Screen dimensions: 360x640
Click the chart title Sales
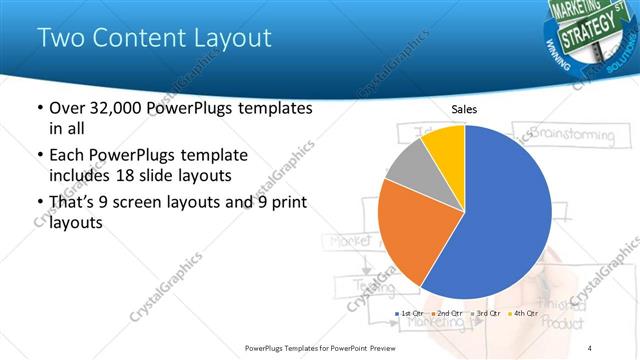coord(465,108)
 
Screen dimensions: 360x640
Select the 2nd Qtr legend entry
coord(447,314)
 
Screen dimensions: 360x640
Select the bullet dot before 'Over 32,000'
coord(39,108)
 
